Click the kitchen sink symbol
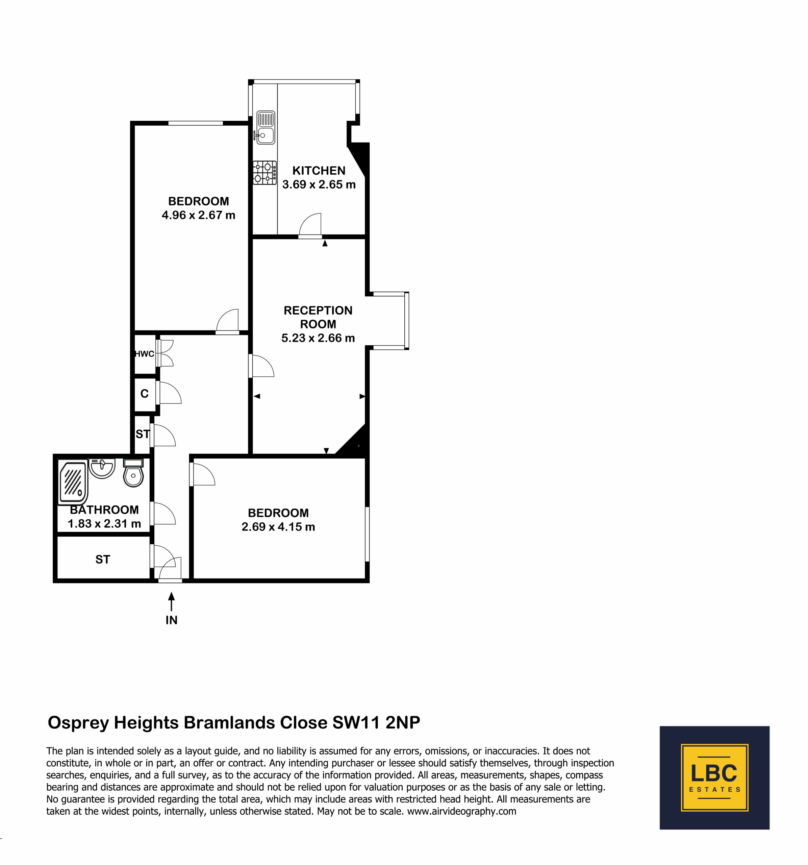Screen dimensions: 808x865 tap(265, 127)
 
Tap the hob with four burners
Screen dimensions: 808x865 tap(265, 172)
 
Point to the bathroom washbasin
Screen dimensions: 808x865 tap(101, 468)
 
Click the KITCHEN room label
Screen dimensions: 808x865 tap(319, 171)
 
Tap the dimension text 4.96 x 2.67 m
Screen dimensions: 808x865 tap(198, 215)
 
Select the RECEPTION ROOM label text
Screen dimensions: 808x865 tap(318, 317)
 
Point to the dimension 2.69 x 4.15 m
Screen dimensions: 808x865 tap(278, 526)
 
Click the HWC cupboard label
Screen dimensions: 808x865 tap(144, 354)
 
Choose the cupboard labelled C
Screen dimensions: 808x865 tap(144, 394)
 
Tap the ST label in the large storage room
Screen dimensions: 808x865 tap(103, 560)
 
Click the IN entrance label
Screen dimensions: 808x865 tap(171, 620)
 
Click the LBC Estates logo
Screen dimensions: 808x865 tap(714, 777)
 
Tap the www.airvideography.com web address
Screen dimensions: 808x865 tap(461, 811)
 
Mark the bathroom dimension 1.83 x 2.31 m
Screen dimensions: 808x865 tap(104, 523)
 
